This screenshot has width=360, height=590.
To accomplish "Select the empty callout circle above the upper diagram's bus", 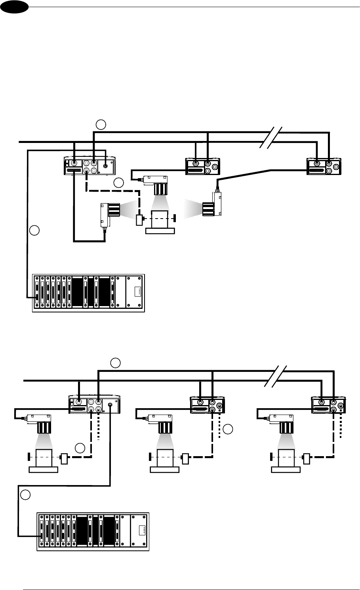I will pyautogui.click(x=101, y=125).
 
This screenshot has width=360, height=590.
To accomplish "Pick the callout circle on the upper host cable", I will pyautogui.click(x=35, y=230).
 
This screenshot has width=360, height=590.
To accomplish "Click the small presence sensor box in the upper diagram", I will pyautogui.click(x=139, y=219).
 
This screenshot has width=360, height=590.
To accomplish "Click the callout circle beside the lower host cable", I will pyautogui.click(x=25, y=495).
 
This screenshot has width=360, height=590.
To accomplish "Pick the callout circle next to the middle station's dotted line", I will pyautogui.click(x=228, y=429).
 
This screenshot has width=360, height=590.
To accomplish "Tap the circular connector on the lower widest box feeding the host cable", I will pyautogui.click(x=110, y=404).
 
